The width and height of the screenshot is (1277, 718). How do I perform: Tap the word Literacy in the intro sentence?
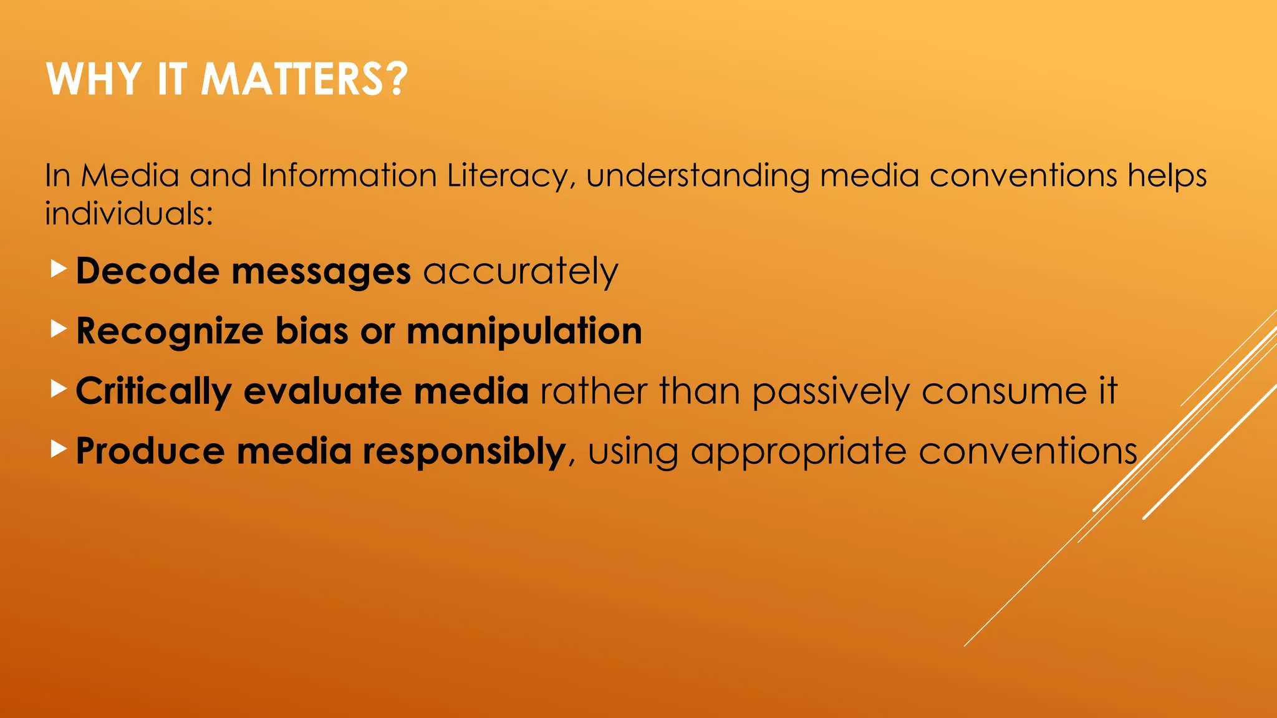[508, 176]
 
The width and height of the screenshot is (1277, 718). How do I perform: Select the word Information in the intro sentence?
[349, 175]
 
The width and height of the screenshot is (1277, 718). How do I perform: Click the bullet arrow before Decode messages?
[58, 269]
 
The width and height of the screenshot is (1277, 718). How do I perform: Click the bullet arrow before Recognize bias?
[58, 328]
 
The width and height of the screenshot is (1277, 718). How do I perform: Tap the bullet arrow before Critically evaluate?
[58, 389]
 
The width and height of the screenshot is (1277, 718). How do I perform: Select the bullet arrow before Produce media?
[58, 448]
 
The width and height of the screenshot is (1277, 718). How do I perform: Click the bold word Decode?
[148, 271]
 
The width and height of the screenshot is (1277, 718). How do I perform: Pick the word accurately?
[521, 272]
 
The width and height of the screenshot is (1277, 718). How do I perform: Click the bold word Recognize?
[169, 332]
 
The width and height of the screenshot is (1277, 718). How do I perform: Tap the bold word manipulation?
[524, 332]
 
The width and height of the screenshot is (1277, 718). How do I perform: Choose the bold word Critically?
[153, 392]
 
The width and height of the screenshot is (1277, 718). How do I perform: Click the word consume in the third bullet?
[1003, 392]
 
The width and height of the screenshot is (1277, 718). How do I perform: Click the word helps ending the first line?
[1167, 176]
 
